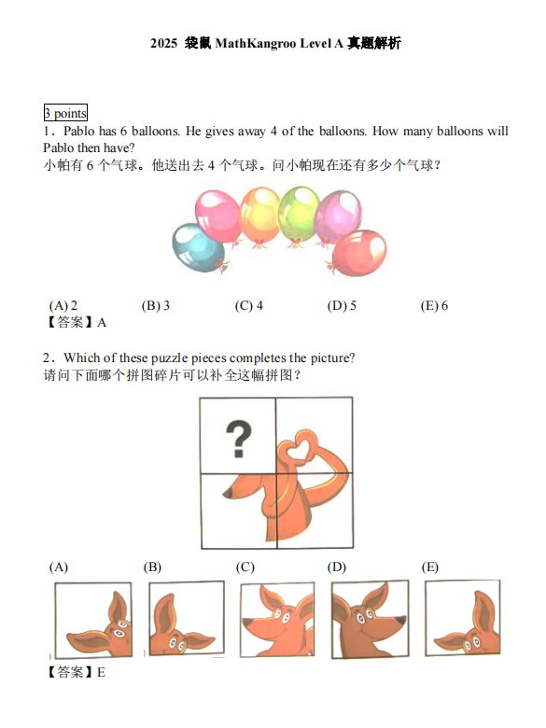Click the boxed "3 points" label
pos(65,113)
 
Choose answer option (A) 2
pos(63,306)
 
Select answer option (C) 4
pos(249,306)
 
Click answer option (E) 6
pos(435,306)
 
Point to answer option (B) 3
pos(156,306)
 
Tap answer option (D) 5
pos(342,306)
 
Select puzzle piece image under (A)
pos(92,620)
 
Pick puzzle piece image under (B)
pos(186,620)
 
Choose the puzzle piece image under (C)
pos(277,620)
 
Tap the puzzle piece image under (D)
pos(371,620)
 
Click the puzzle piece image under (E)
pos(464,620)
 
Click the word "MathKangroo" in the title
pos(255,44)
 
